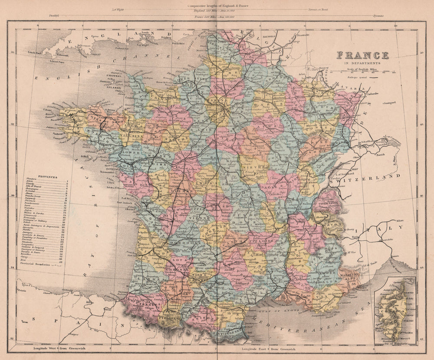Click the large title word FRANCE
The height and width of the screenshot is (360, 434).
click(362, 55)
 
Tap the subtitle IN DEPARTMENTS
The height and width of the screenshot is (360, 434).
click(362, 63)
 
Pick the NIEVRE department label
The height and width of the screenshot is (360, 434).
click(251, 165)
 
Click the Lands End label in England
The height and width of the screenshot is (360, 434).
click(34, 52)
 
